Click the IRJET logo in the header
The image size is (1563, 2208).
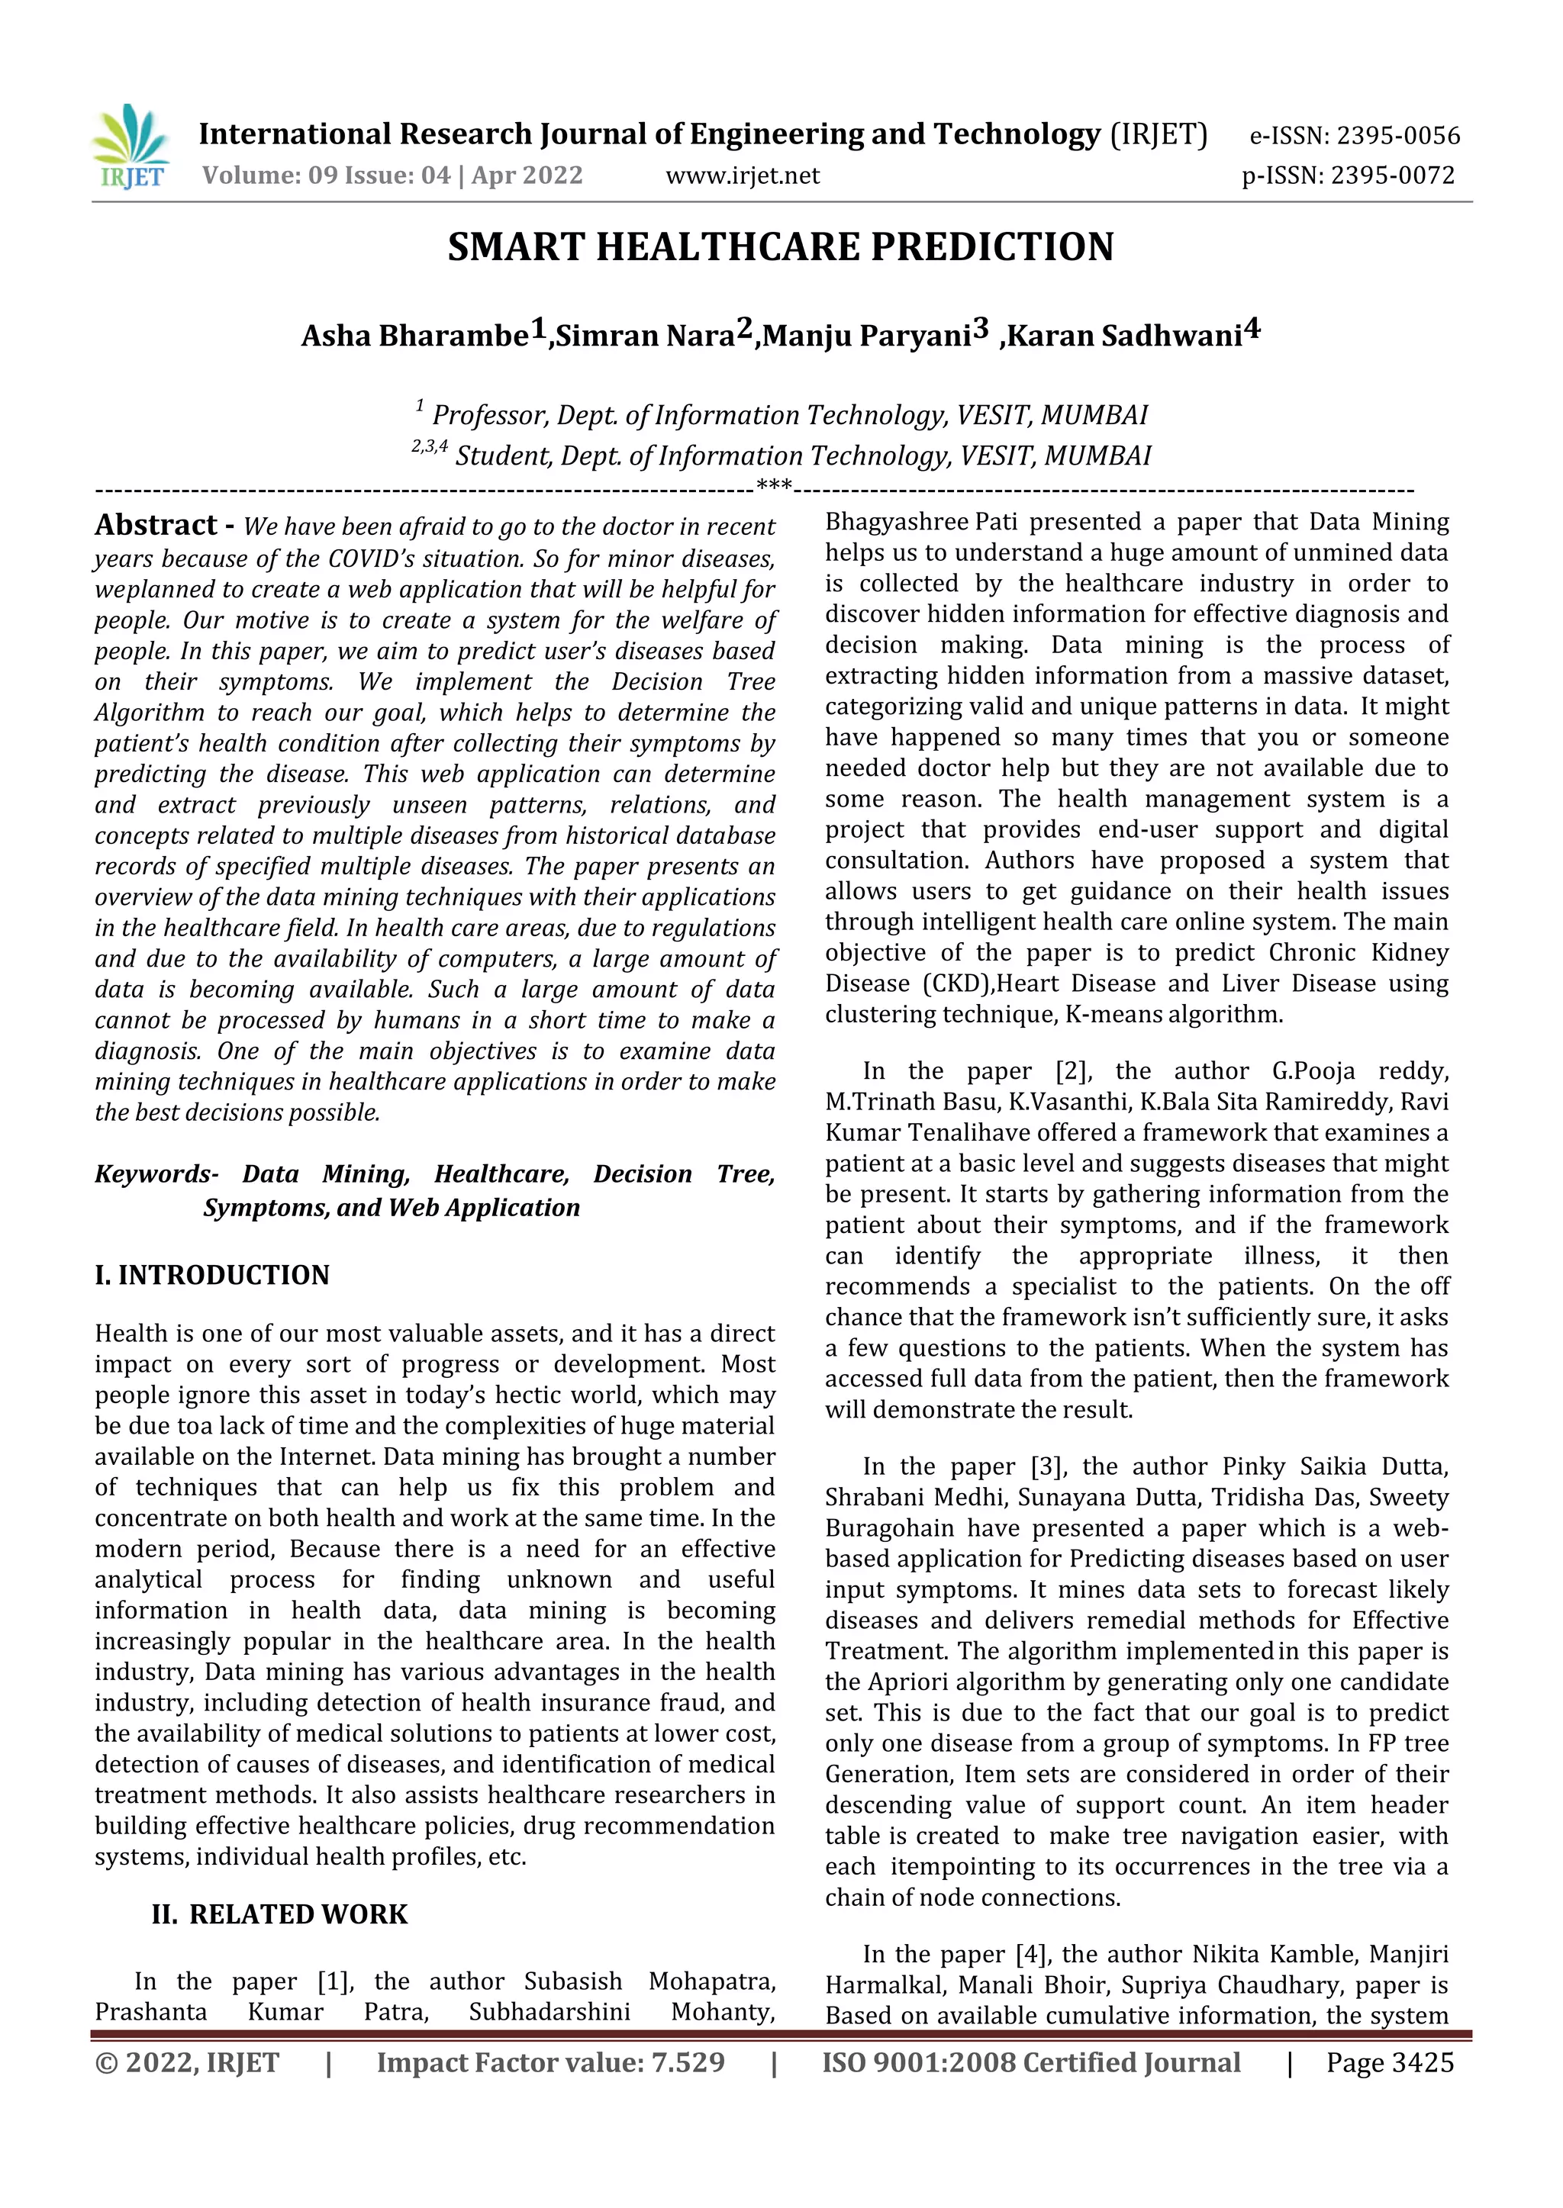pyautogui.click(x=131, y=146)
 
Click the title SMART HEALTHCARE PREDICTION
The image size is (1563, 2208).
pyautogui.click(x=781, y=247)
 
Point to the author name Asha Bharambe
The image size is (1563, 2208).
pyautogui.click(x=415, y=336)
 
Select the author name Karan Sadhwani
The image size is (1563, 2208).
pyautogui.click(x=1124, y=336)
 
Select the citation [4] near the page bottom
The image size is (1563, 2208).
pyautogui.click(x=1033, y=1954)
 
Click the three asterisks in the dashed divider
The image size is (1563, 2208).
pyautogui.click(x=774, y=486)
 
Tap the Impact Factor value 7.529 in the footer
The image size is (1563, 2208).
pyautogui.click(x=687, y=2063)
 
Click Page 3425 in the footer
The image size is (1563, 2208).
pyautogui.click(x=1390, y=2063)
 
